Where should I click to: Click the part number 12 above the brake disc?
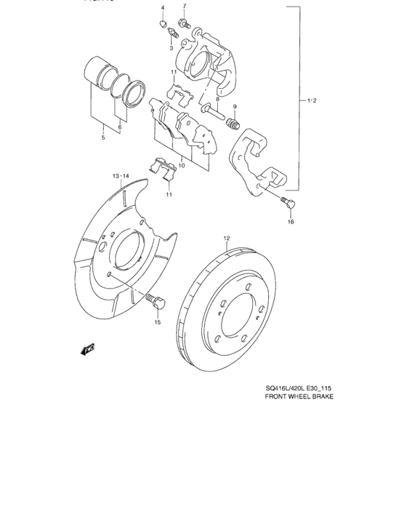(226, 238)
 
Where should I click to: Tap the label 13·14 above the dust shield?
(120, 177)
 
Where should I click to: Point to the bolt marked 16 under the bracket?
(284, 202)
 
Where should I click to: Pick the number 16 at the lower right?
(290, 222)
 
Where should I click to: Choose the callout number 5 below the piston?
(102, 137)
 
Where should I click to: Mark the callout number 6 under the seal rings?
(120, 127)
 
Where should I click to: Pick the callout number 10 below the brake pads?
(182, 165)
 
